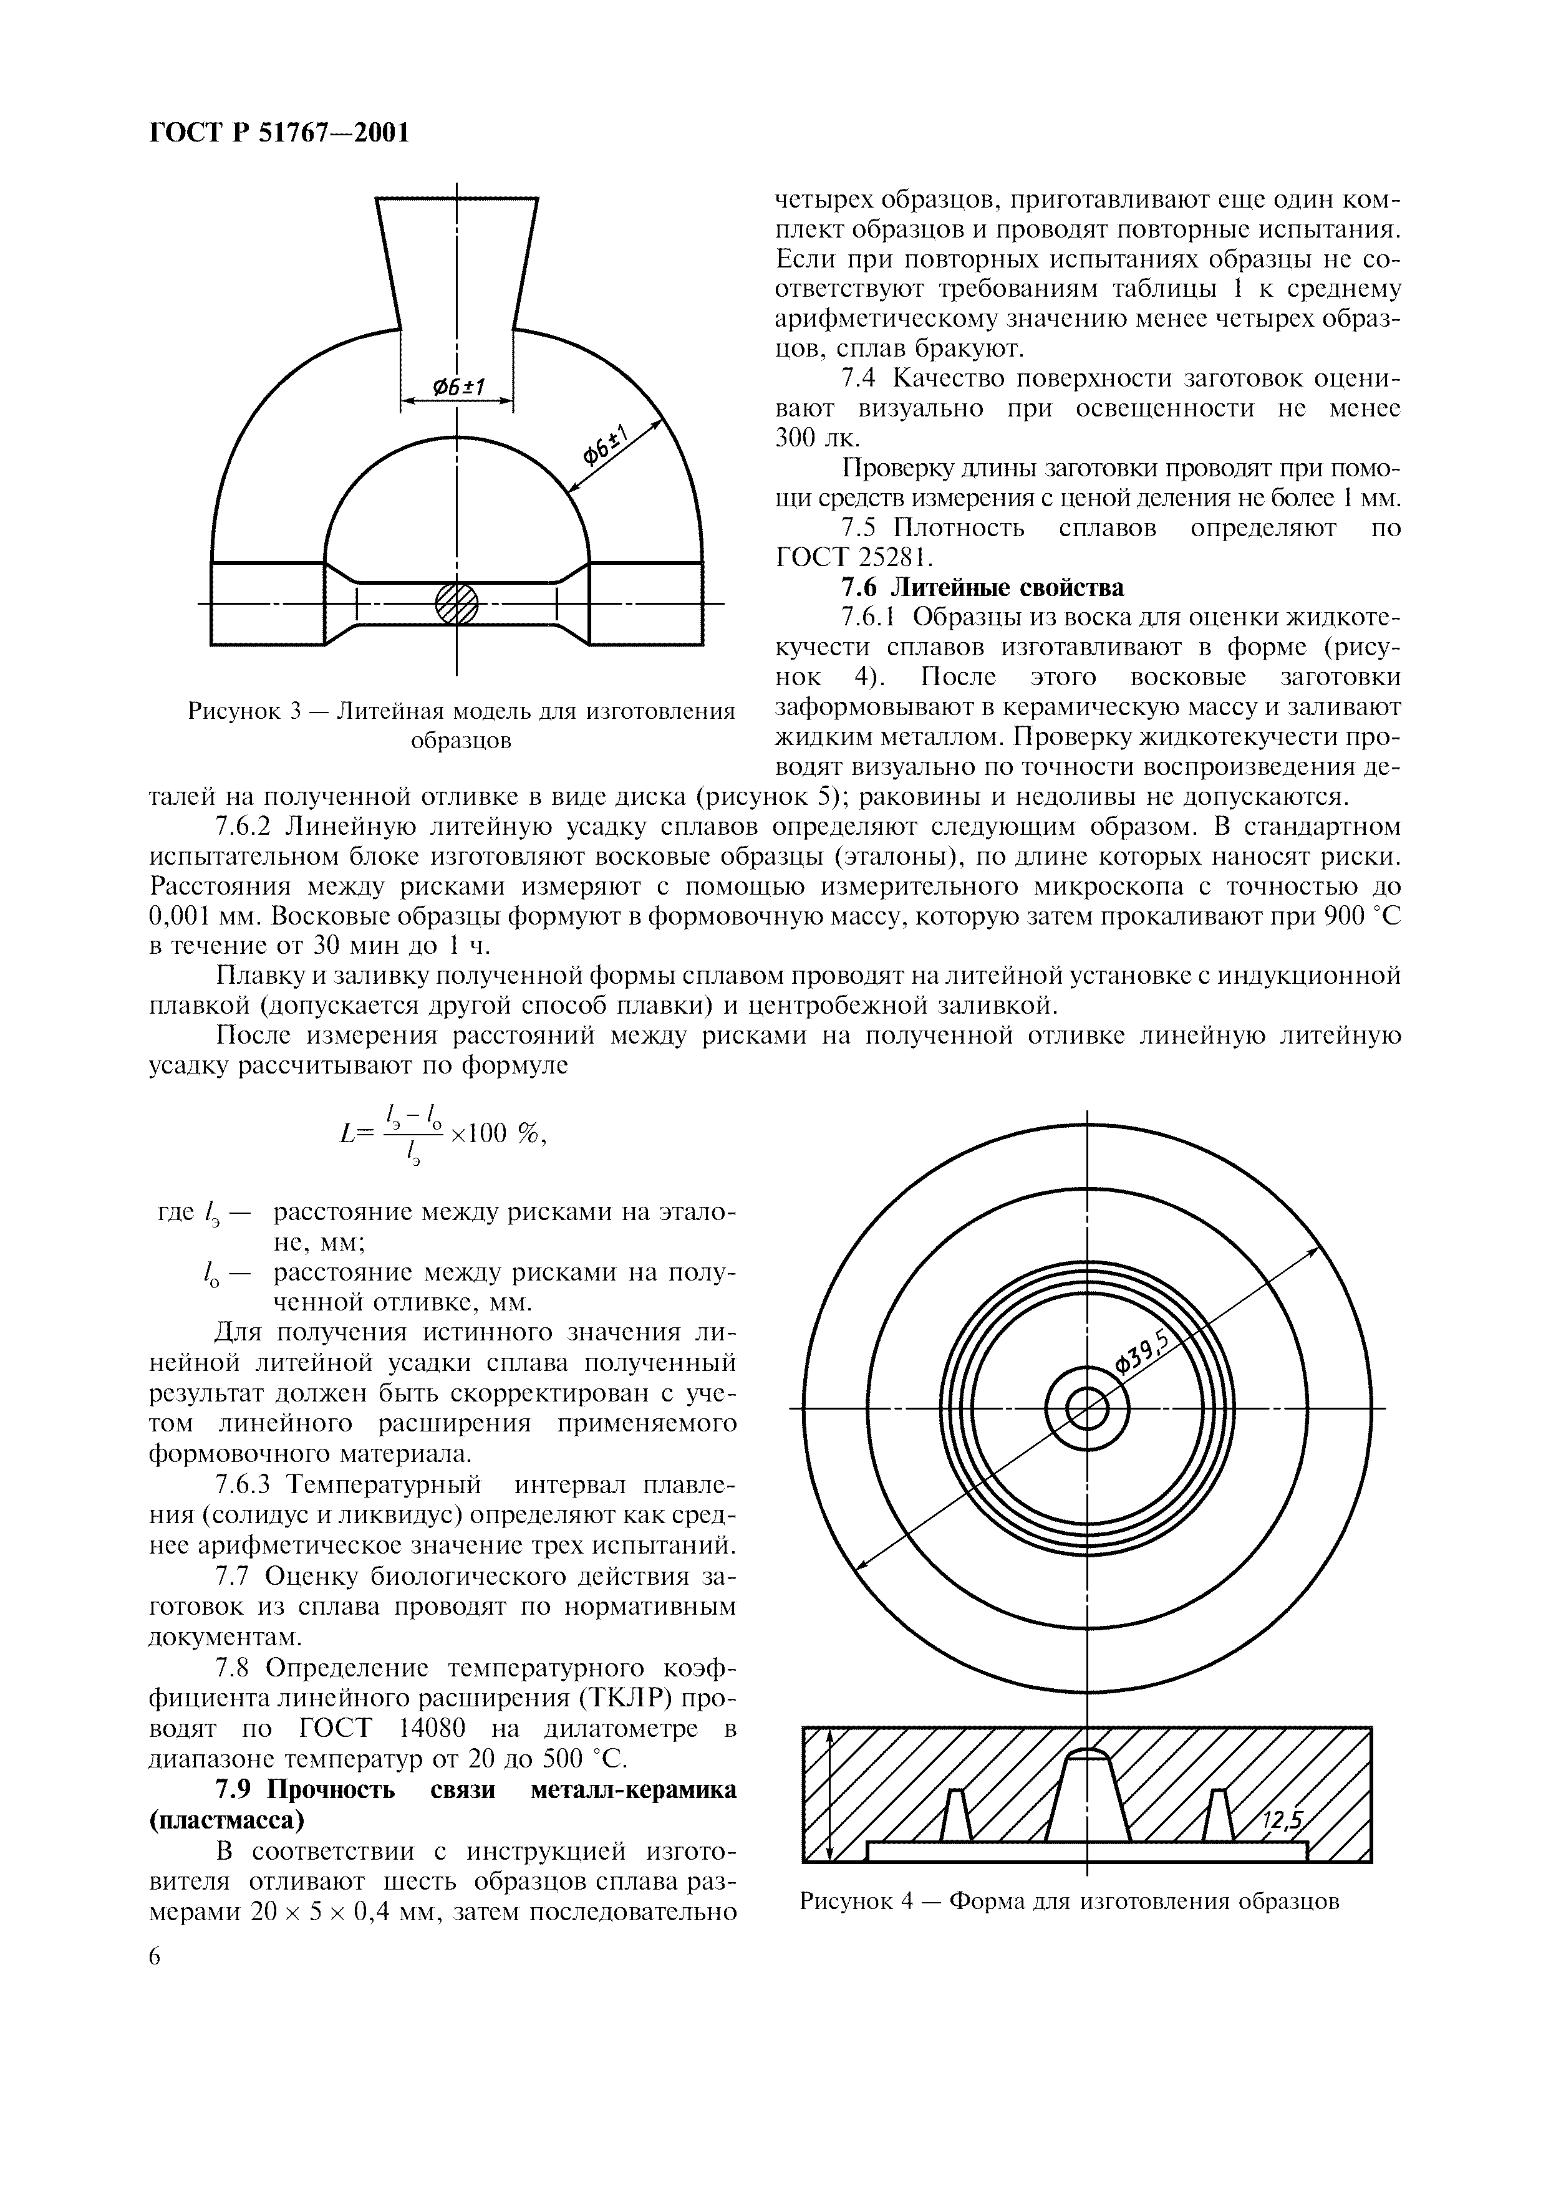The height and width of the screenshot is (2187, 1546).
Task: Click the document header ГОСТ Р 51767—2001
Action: point(279,132)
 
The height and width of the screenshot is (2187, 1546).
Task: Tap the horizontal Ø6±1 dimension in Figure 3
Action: point(458,387)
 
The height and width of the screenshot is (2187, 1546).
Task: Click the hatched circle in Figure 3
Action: point(457,603)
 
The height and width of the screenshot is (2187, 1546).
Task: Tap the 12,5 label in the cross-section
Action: point(1281,1820)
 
